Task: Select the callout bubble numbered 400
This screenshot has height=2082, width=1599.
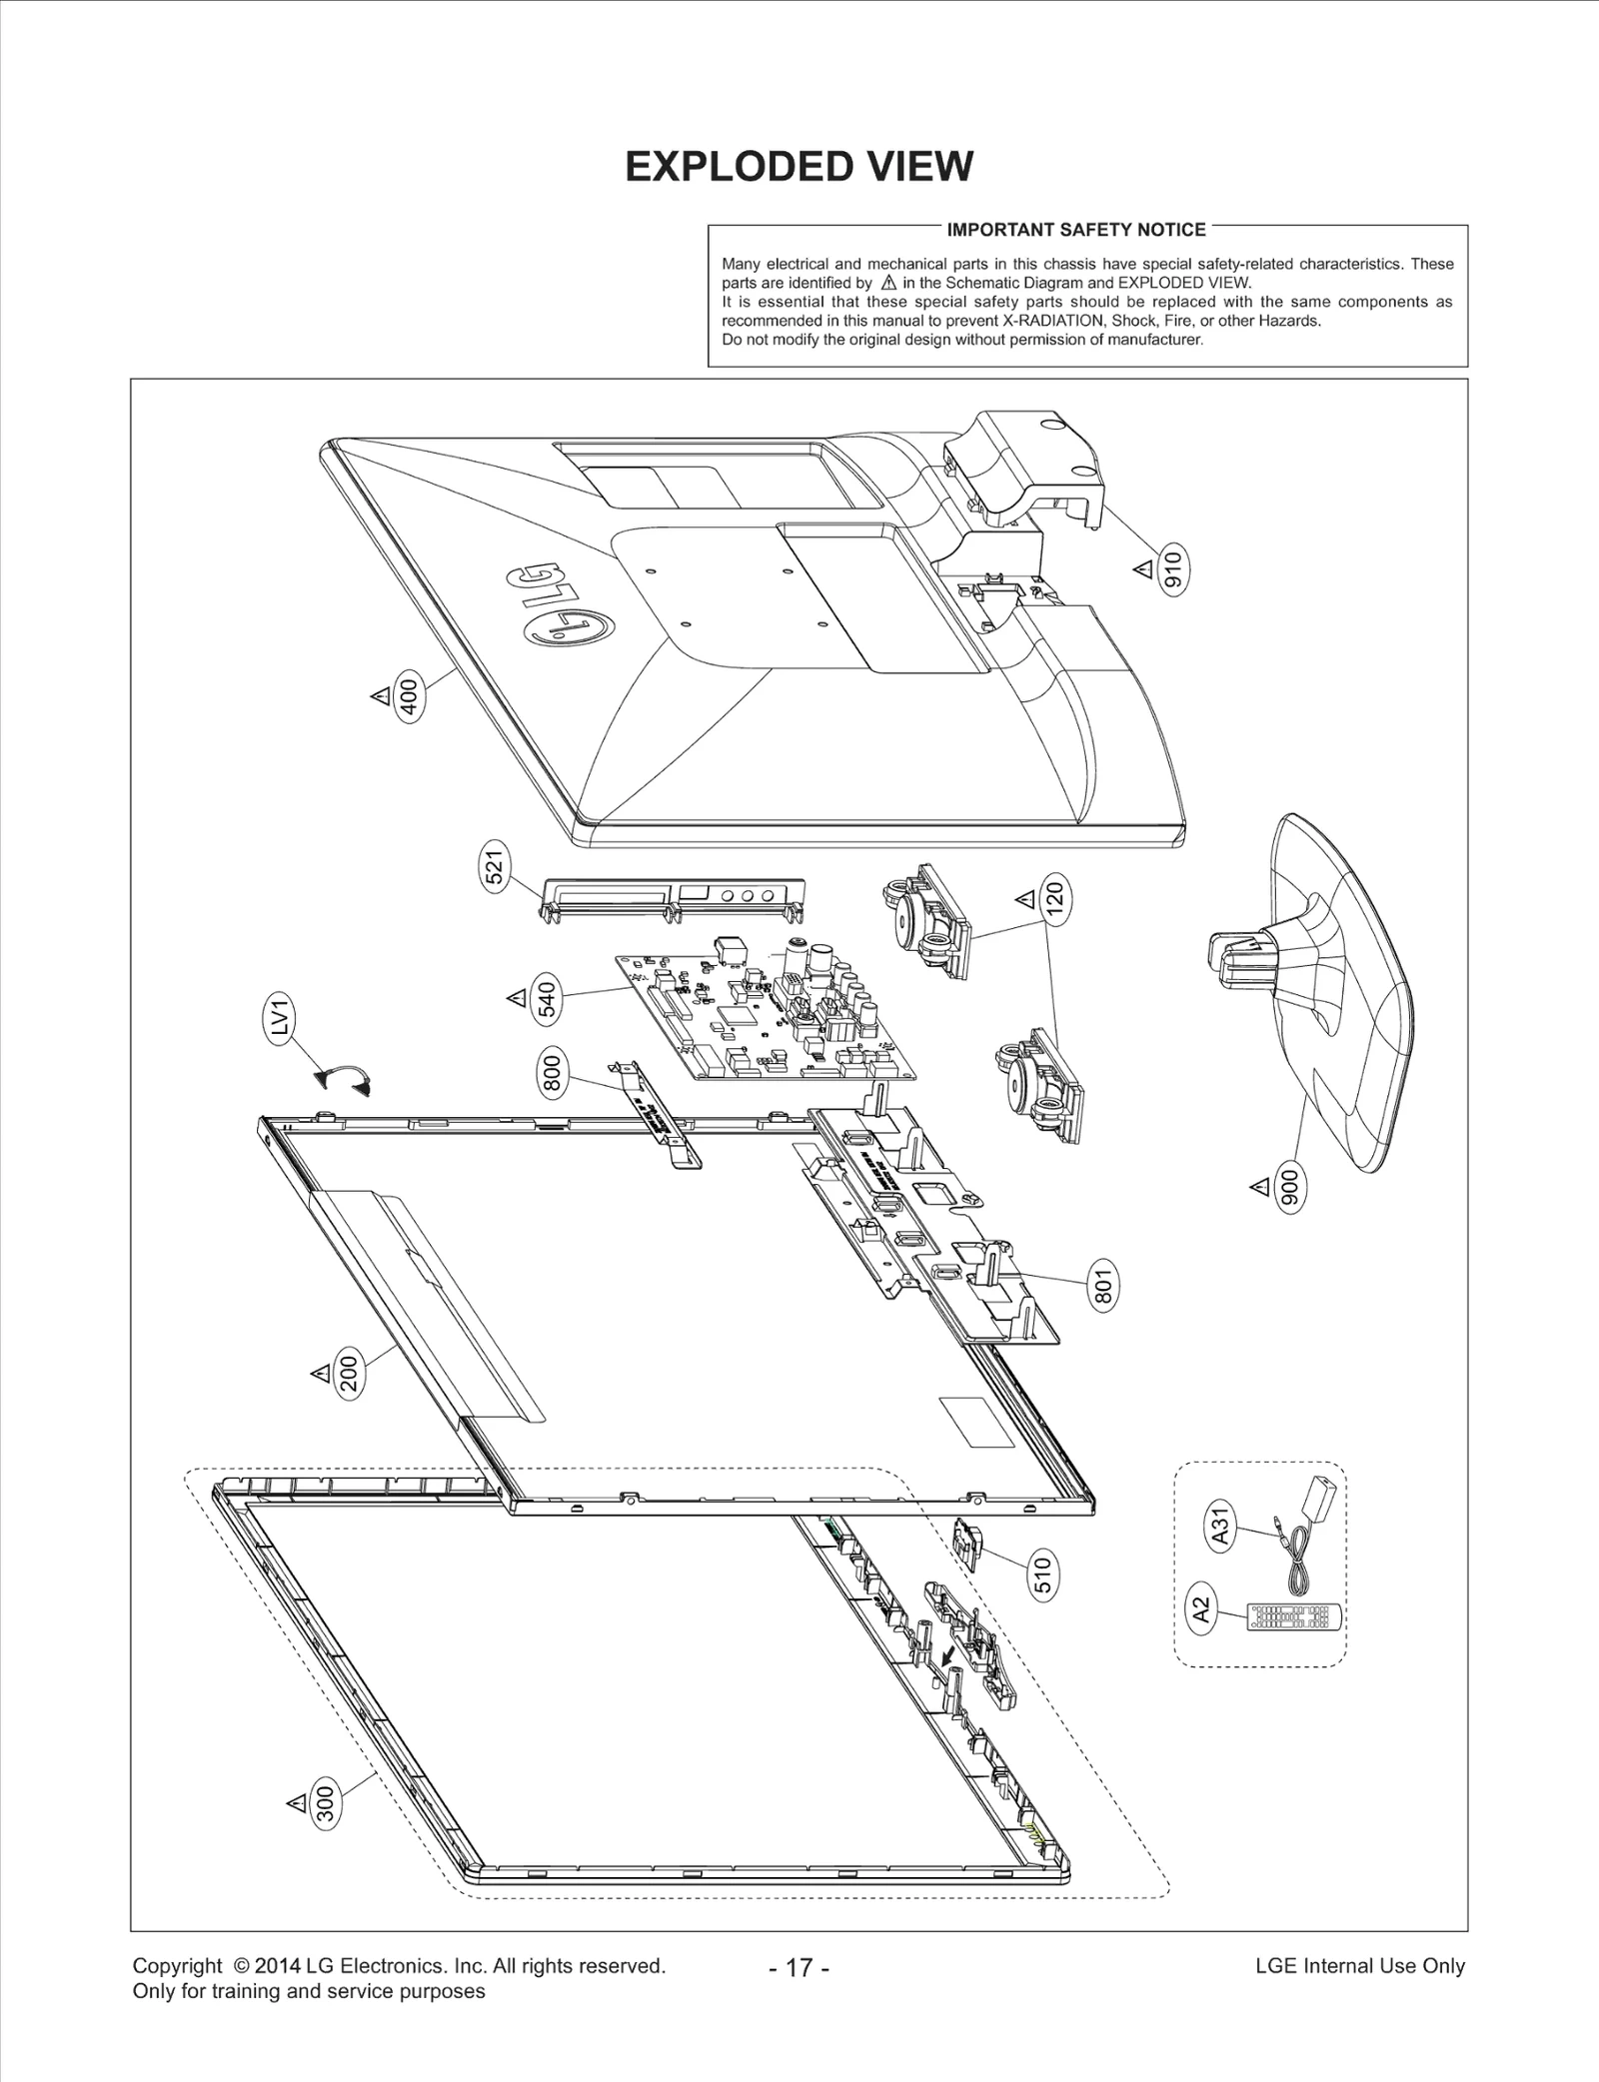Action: pyautogui.click(x=409, y=696)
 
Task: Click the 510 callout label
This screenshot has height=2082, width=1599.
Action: pyautogui.click(x=1042, y=1574)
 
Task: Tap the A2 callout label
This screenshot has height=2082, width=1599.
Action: pyautogui.click(x=1202, y=1609)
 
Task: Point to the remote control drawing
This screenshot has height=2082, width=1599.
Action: pyautogui.click(x=1291, y=1617)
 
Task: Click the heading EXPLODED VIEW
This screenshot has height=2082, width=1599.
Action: pyautogui.click(x=799, y=167)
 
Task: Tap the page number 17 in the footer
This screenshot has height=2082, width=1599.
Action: pyautogui.click(x=799, y=1967)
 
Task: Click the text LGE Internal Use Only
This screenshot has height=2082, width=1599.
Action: pyautogui.click(x=1359, y=1965)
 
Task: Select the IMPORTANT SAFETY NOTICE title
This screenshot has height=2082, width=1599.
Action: pyautogui.click(x=1076, y=230)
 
